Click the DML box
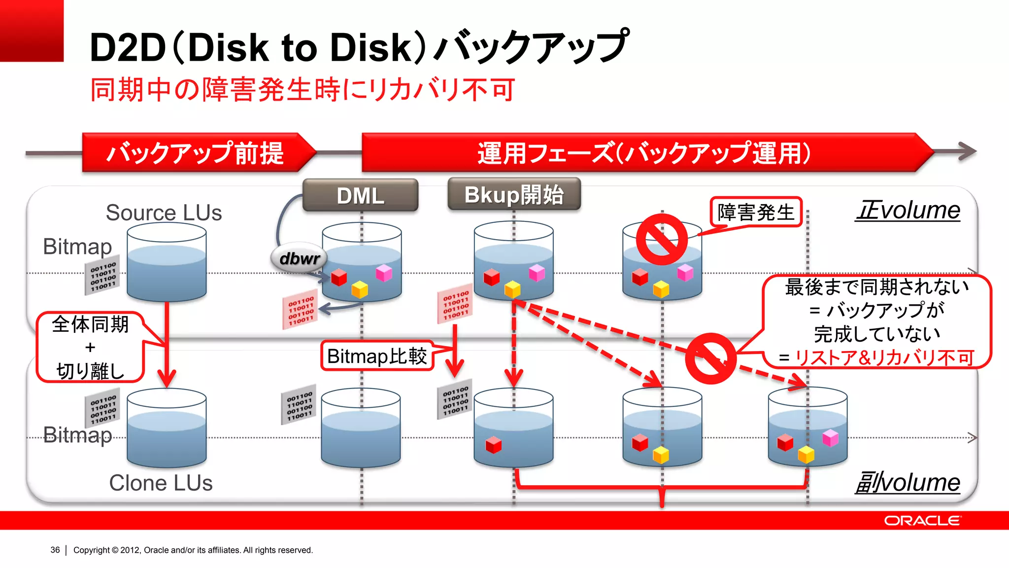pyautogui.click(x=360, y=196)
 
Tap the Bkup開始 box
pyautogui.click(x=514, y=195)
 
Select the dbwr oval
pyautogui.click(x=299, y=258)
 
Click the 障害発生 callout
pyautogui.click(x=756, y=213)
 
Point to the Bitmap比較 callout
pyautogui.click(x=377, y=356)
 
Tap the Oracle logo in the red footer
pyautogui.click(x=922, y=521)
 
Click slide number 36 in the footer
pyautogui.click(x=55, y=550)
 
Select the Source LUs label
pyautogui.click(x=164, y=213)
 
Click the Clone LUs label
pyautogui.click(x=161, y=483)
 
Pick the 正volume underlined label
pyautogui.click(x=908, y=211)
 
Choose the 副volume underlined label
pyautogui.click(x=908, y=482)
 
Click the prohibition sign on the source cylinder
pyautogui.click(x=662, y=239)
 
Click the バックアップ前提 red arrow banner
pyautogui.click(x=196, y=152)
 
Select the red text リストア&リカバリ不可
pyautogui.click(x=884, y=357)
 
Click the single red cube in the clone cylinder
pyautogui.click(x=493, y=445)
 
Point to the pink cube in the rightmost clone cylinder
pyautogui.click(x=830, y=437)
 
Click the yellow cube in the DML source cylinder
pyautogui.click(x=360, y=289)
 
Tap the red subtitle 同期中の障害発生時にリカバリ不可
pyautogui.click(x=303, y=90)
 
